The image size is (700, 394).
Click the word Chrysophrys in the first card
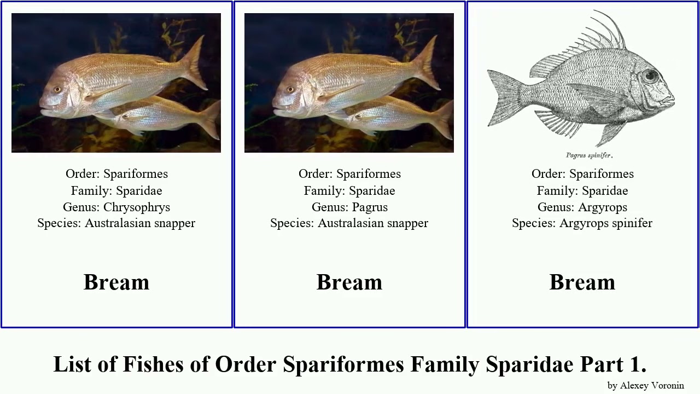click(137, 207)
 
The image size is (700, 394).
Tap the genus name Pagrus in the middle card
click(370, 207)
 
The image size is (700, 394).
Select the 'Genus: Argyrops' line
click(582, 207)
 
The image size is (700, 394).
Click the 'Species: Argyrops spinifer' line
click(582, 223)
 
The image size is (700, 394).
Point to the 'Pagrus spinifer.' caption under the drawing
click(589, 155)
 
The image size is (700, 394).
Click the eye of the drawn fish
click(651, 76)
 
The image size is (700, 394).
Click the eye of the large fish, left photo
click(57, 89)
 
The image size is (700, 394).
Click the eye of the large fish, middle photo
click(290, 89)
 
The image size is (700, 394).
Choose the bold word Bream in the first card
click(116, 282)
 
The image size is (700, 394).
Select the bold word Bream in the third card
click(582, 282)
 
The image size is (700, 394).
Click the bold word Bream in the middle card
click(349, 282)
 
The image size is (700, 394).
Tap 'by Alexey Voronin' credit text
click(645, 385)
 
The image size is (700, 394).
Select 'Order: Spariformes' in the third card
click(582, 174)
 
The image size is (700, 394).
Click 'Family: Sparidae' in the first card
click(116, 191)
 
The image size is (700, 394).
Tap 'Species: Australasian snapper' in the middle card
click(349, 223)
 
